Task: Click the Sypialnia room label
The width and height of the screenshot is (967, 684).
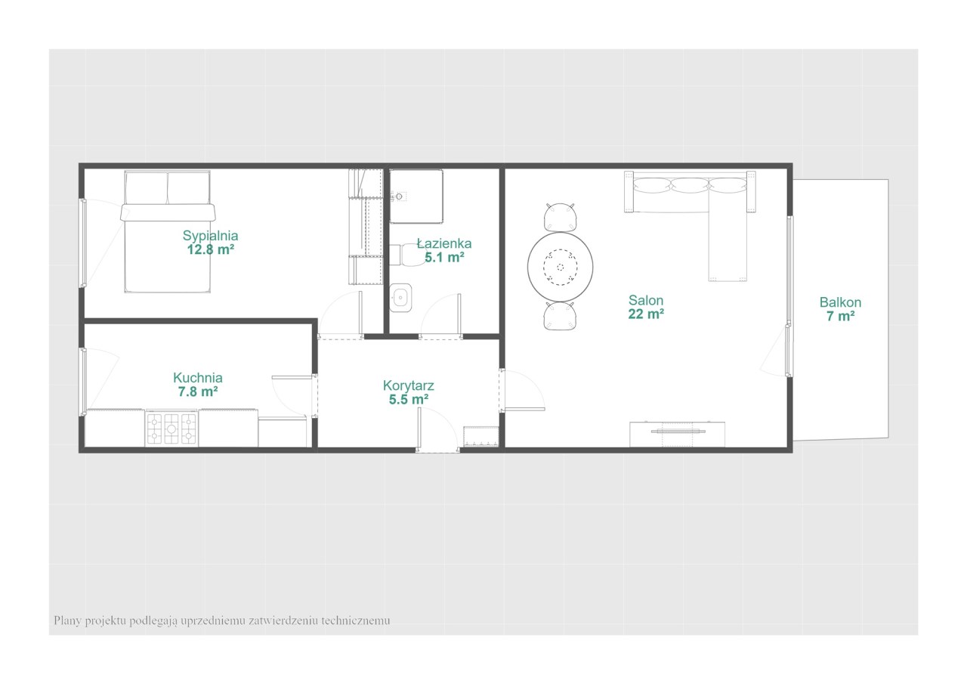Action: (x=210, y=236)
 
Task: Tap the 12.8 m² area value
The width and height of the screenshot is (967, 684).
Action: (x=210, y=249)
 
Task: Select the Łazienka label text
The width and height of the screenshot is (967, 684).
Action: (x=444, y=243)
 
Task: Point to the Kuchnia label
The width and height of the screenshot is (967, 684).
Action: (x=198, y=377)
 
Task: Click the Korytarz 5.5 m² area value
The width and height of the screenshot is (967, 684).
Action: (x=409, y=399)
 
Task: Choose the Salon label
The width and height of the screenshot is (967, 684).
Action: (x=646, y=300)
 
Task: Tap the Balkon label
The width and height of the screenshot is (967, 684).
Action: (x=841, y=302)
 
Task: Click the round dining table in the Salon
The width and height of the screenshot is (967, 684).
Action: (x=560, y=267)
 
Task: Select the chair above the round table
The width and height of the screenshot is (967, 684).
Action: (x=560, y=218)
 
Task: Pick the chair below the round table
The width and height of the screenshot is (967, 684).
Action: (x=560, y=316)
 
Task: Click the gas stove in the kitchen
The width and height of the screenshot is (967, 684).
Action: (x=171, y=428)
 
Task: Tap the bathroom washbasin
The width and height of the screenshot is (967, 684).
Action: (x=400, y=298)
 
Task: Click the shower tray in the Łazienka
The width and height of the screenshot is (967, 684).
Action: (x=416, y=196)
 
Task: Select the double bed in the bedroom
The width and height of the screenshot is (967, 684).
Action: (x=168, y=231)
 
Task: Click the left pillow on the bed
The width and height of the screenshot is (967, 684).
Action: (x=146, y=188)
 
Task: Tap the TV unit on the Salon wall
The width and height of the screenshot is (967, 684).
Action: (x=677, y=434)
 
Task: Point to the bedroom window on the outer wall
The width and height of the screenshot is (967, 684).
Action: (x=83, y=243)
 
